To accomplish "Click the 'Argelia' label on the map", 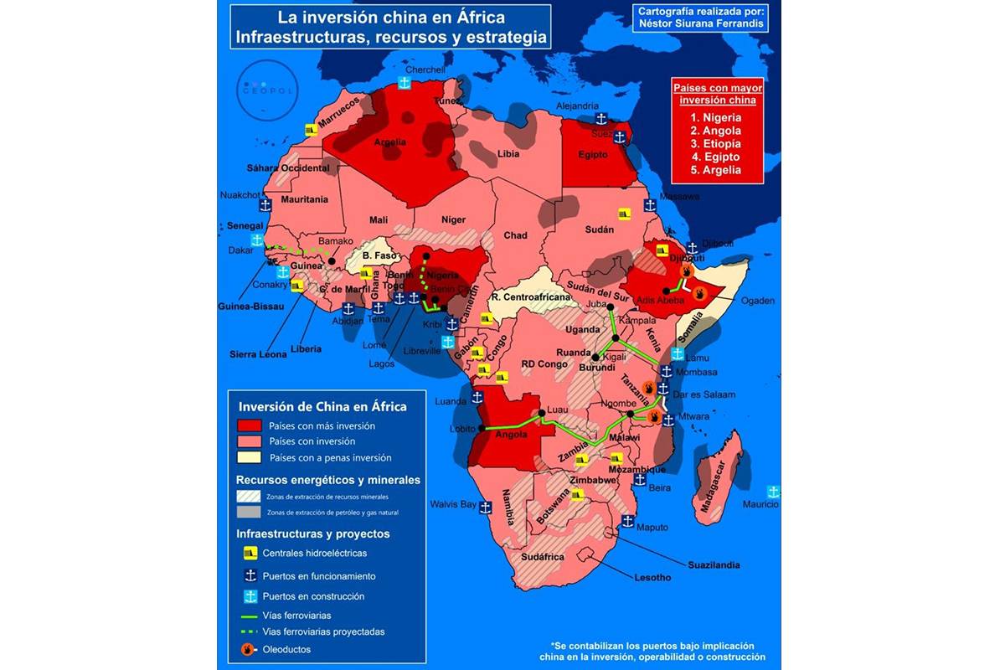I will [389, 142].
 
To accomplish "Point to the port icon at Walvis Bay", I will [486, 506].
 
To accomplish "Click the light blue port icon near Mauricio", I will [773, 490].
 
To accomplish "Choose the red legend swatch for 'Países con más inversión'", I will [249, 425].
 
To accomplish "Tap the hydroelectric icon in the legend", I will [249, 554].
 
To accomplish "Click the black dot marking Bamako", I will [332, 260].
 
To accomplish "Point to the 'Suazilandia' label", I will [714, 564].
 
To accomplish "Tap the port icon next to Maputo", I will [627, 521].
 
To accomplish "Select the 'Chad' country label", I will [515, 235].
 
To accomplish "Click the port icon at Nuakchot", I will [264, 204].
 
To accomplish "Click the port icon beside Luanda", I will [478, 397].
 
